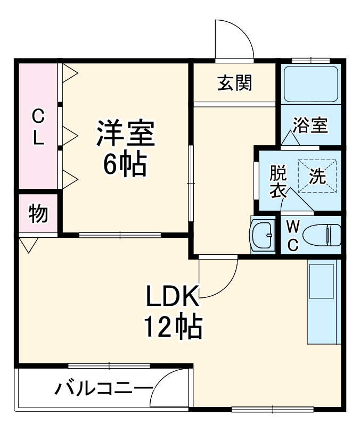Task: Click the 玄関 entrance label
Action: (x=234, y=82)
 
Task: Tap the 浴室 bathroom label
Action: (x=309, y=126)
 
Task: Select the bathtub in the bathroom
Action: (x=310, y=84)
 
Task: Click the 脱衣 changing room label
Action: (x=278, y=181)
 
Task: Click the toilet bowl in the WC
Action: (x=325, y=235)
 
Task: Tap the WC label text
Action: (x=292, y=235)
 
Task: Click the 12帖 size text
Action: (x=172, y=328)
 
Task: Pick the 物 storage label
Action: (x=38, y=214)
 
